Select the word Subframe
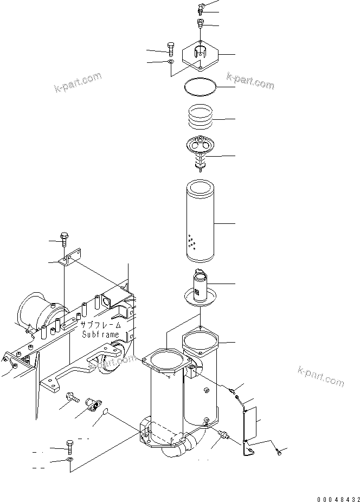coord(100,334)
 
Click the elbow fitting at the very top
coord(200,8)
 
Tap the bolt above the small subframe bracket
coord(66,239)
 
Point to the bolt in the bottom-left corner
coord(69,447)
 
